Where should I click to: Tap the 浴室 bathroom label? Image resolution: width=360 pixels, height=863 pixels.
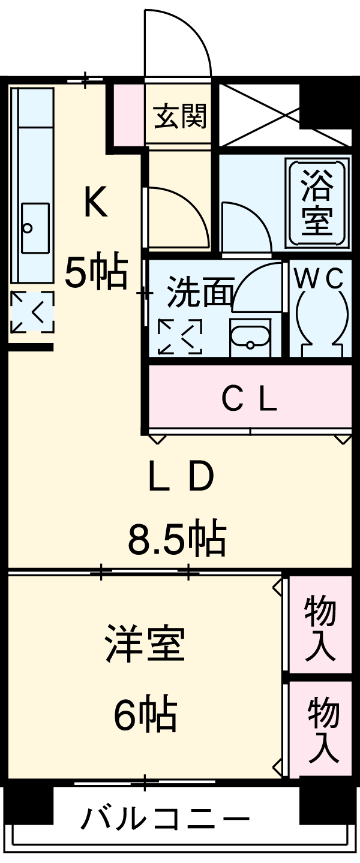click(x=317, y=202)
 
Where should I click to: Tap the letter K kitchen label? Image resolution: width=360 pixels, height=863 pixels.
click(x=95, y=202)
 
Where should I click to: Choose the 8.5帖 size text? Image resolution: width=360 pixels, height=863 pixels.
click(x=176, y=538)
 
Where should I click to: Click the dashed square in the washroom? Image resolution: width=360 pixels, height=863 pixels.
click(x=179, y=336)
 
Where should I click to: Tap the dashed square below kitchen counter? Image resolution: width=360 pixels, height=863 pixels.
click(x=32, y=312)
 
